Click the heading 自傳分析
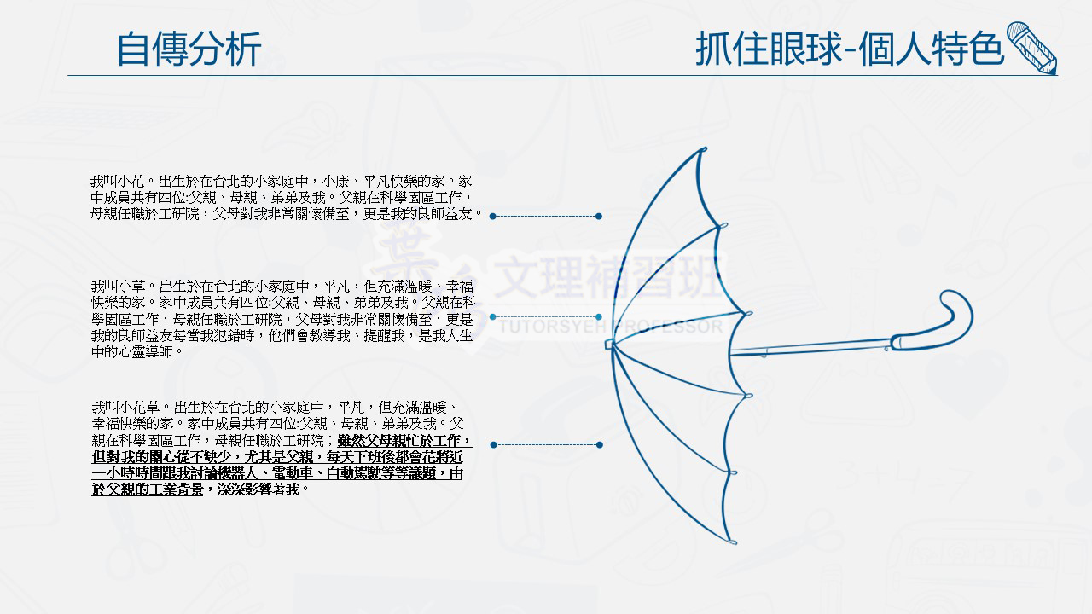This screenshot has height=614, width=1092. [x=189, y=49]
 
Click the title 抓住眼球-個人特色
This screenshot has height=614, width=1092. [x=849, y=49]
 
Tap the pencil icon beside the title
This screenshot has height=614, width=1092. [x=1032, y=48]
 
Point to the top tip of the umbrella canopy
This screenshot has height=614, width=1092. [x=705, y=148]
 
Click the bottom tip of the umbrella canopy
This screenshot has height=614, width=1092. [x=733, y=542]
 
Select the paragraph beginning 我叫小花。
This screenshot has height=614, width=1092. [x=286, y=197]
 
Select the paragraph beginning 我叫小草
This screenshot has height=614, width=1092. [x=282, y=319]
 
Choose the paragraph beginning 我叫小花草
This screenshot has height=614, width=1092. [x=282, y=448]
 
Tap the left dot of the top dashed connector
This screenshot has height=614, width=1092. [x=493, y=217]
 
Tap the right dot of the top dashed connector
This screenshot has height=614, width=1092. [x=599, y=217]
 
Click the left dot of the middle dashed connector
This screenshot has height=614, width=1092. [x=493, y=316]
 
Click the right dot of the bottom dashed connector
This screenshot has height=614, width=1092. [x=600, y=445]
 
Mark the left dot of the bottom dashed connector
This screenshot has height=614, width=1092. [x=493, y=445]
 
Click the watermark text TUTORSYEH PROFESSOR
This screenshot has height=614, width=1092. [x=610, y=327]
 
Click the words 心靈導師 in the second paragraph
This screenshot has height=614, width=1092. [x=145, y=351]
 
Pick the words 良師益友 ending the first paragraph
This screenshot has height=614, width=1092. [x=445, y=213]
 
